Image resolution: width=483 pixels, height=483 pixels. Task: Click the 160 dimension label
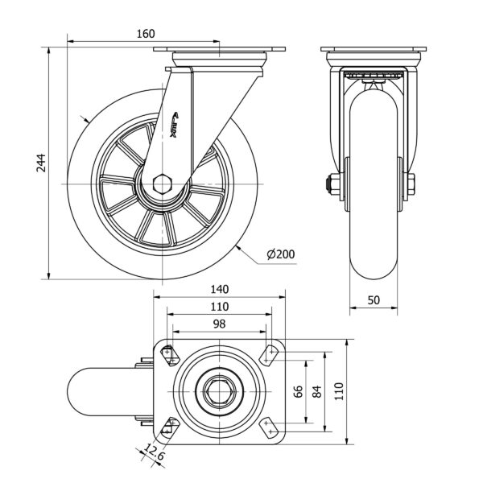click(144, 34)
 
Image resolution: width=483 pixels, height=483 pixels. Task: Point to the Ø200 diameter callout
click(281, 254)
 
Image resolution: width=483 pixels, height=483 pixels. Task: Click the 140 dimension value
click(220, 289)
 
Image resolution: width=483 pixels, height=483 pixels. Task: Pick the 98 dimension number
click(219, 324)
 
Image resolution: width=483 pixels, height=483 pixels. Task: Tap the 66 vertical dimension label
click(298, 392)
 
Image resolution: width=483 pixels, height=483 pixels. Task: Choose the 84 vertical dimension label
click(316, 392)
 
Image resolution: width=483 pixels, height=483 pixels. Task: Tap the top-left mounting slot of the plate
click(169, 353)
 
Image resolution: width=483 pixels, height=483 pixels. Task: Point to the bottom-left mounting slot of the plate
click(169, 427)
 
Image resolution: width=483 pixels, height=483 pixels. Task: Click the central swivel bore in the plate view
click(219, 391)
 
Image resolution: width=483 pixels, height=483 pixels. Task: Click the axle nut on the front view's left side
click(331, 184)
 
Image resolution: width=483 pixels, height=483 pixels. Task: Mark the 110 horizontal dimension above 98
click(219, 307)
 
